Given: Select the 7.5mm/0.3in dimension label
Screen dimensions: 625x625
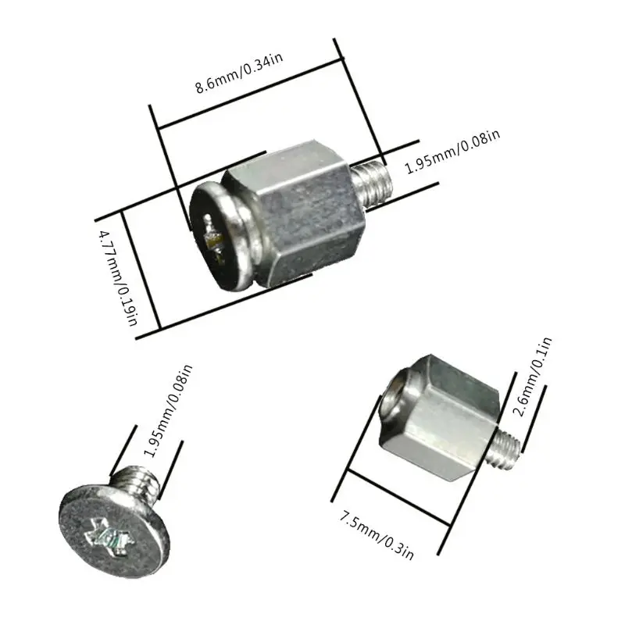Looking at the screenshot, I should tap(376, 533).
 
